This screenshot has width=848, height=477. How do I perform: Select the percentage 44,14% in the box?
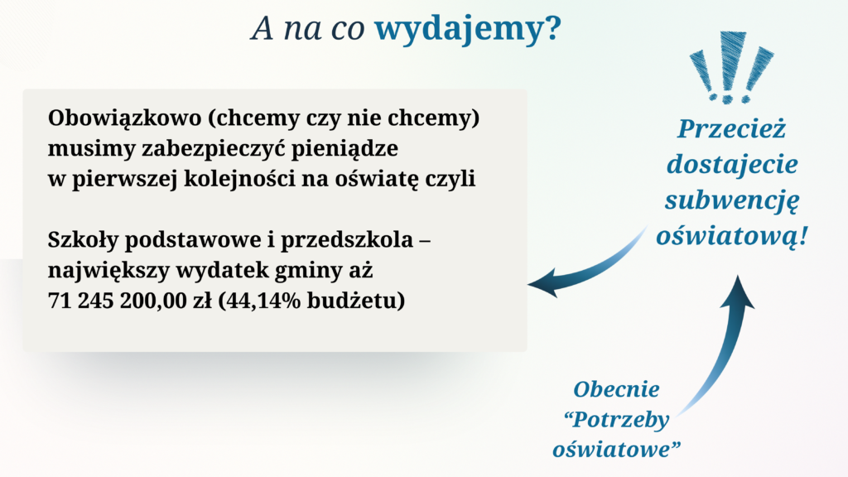(x=263, y=301)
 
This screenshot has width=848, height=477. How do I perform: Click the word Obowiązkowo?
(x=124, y=118)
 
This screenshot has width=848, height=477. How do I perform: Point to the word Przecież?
(x=732, y=128)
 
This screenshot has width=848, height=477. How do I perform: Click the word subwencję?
(x=732, y=201)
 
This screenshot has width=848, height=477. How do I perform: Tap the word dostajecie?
(x=732, y=165)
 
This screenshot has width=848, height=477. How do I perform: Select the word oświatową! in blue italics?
(x=732, y=236)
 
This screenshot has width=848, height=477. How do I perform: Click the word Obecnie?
(x=616, y=389)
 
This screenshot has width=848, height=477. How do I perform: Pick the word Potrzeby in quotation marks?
(x=620, y=420)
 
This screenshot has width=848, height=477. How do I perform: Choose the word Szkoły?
(x=83, y=239)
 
